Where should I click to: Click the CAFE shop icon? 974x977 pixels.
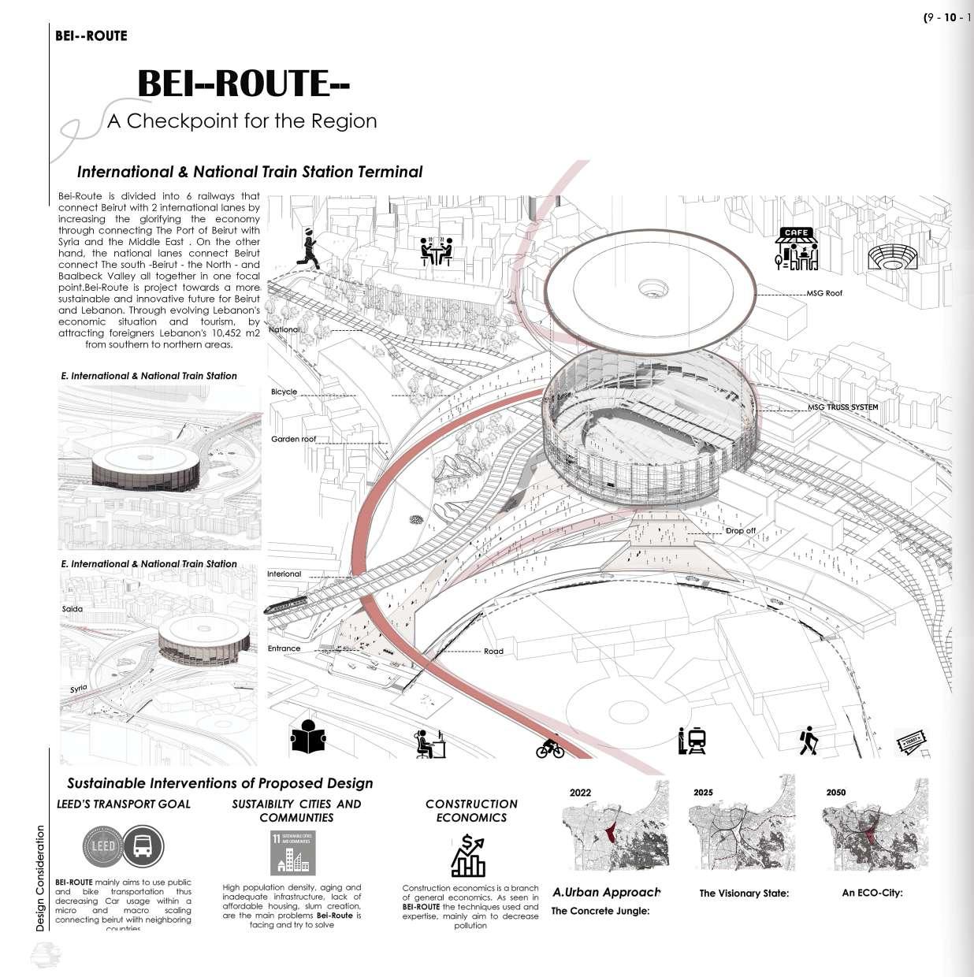point(797,249)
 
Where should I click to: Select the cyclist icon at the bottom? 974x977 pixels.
point(550,747)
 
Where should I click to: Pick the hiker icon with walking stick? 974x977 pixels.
point(807,741)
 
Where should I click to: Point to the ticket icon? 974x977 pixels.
point(912,741)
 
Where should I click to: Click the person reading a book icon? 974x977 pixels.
point(308,738)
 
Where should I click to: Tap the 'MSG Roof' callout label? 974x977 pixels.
point(823,293)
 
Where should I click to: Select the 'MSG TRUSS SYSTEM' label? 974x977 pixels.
point(842,407)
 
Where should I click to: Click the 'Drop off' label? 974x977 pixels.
point(740,531)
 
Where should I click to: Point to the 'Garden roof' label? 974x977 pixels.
point(294,439)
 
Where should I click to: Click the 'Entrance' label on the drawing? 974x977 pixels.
point(284,648)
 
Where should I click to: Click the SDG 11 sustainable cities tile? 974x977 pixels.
point(292,853)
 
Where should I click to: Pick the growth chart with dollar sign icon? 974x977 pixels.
point(468,856)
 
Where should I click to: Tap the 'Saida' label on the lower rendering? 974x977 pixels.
point(72,609)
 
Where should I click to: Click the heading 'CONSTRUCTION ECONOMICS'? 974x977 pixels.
point(471,810)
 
